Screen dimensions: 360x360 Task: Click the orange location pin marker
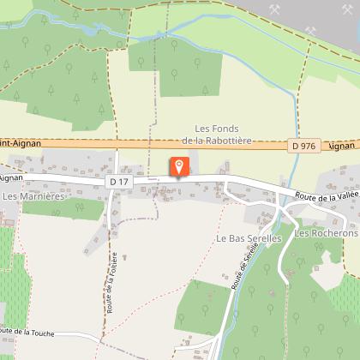pyautogui.click(x=179, y=166)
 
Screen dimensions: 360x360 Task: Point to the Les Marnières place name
pyautogui.click(x=34, y=196)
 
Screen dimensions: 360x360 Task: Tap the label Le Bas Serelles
pyautogui.click(x=248, y=237)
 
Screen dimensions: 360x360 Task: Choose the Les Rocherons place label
pyautogui.click(x=326, y=233)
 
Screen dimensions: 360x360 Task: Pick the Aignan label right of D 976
pyautogui.click(x=342, y=146)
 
